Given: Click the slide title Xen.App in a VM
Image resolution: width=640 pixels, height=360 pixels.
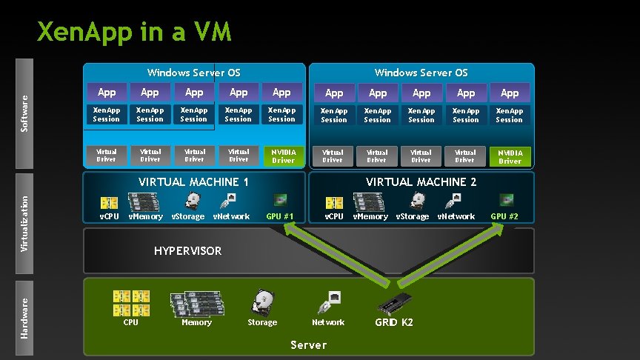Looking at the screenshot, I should tap(134, 32).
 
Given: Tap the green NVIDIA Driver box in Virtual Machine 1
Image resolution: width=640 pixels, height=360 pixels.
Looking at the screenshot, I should tap(283, 156).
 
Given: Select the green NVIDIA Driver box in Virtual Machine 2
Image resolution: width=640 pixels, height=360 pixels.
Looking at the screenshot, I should tap(510, 156).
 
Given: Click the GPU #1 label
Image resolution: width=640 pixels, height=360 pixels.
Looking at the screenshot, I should tap(280, 216).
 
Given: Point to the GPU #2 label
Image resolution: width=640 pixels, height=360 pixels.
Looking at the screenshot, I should tap(504, 216).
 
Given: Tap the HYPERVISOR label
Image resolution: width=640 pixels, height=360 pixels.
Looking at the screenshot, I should tap(187, 251).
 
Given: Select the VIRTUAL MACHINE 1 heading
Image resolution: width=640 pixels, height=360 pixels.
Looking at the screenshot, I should tap(194, 181).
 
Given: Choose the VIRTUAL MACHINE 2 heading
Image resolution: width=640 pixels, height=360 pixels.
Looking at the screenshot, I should tap(421, 181).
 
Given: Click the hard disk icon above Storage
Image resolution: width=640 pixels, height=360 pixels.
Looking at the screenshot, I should tap(262, 303).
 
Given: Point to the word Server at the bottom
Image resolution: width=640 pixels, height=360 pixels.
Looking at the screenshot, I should tap(308, 345).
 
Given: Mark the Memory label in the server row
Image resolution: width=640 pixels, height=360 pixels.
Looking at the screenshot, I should tap(196, 322).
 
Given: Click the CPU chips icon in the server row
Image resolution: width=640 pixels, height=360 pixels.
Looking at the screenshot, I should tap(130, 303).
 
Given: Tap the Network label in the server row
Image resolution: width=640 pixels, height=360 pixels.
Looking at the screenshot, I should tap(328, 322).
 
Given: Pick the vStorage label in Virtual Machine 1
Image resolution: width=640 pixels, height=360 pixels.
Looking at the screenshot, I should tap(188, 216).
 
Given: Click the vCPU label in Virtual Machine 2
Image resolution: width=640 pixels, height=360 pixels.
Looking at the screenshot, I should tap(334, 216).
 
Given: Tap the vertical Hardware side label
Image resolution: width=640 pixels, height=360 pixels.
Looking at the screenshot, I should tap(24, 318).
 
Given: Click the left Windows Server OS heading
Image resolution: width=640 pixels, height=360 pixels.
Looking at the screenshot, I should tap(193, 73).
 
